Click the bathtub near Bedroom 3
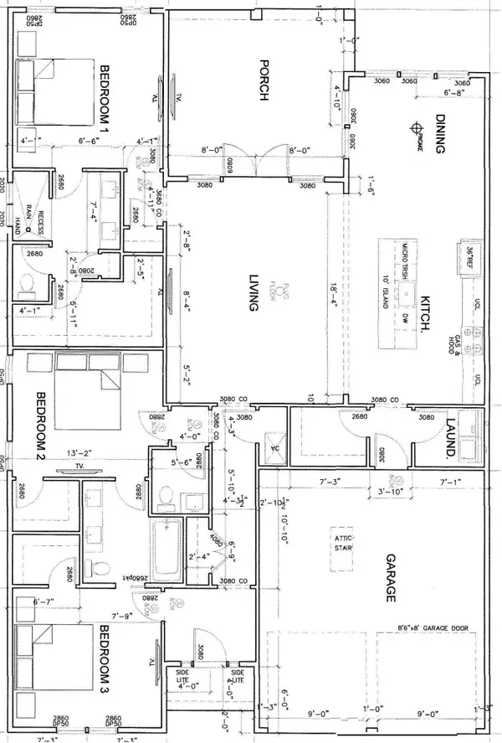165,550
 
